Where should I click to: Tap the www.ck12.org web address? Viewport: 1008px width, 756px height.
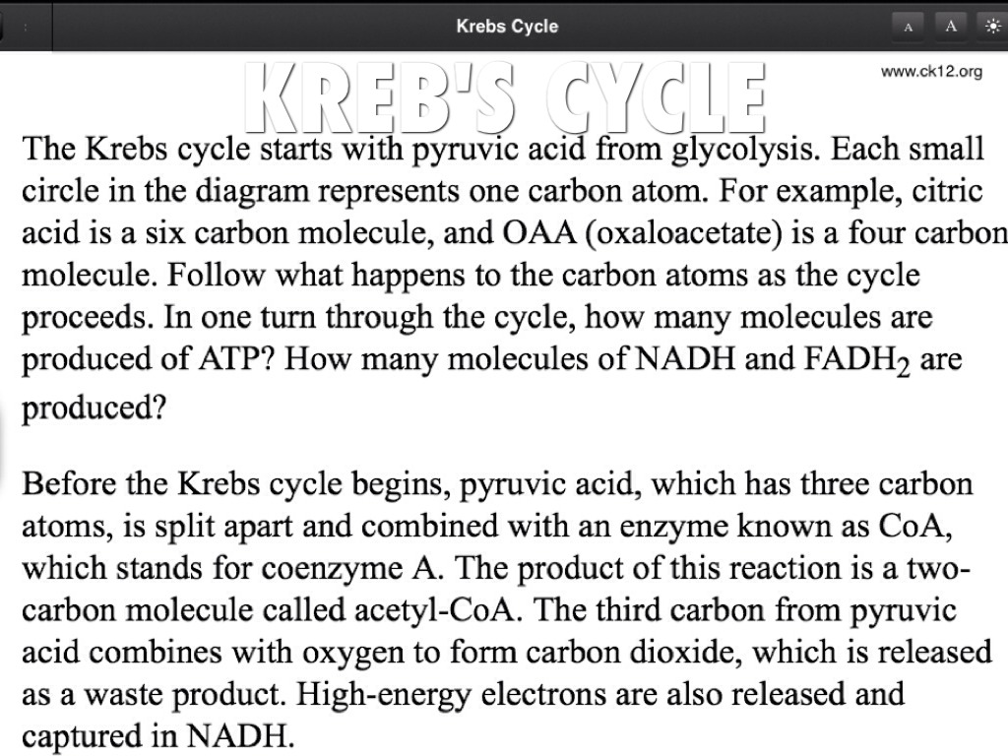coord(931,72)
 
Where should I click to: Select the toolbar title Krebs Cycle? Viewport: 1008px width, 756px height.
coord(507,27)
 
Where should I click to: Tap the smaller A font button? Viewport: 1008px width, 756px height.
coord(908,27)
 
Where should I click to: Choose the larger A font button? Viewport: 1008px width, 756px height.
coord(951,27)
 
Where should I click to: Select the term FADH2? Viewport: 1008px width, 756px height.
coord(857,360)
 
